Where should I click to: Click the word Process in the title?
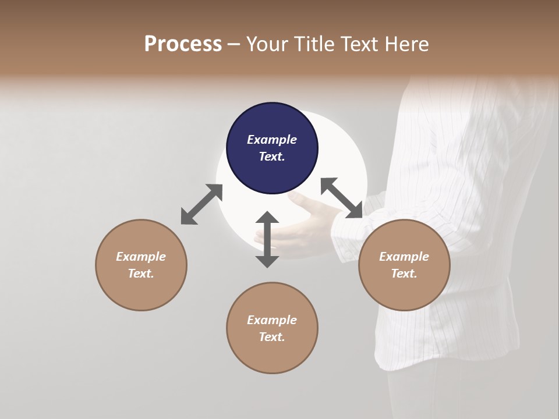click(183, 44)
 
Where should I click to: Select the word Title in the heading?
click(312, 44)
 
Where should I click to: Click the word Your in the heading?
click(266, 44)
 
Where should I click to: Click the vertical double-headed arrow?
click(267, 239)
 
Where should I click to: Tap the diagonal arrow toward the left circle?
click(201, 204)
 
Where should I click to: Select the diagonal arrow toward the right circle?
click(341, 198)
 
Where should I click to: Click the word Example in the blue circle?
click(272, 140)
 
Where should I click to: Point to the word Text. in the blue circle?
click(272, 157)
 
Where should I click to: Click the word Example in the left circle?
click(141, 257)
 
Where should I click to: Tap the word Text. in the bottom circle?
click(272, 337)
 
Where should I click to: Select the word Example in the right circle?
click(404, 257)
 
